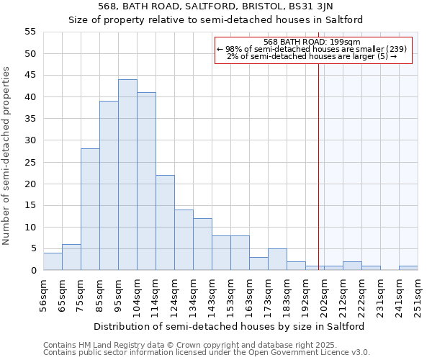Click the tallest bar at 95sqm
coord(127,175)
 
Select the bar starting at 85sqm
coord(109,186)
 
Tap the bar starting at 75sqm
coord(90,210)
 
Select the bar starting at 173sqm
coord(277,259)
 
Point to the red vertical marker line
coord(318,158)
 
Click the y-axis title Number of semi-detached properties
coord(6,156)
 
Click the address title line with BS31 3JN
coord(216,7)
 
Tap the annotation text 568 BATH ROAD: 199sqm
coord(312,42)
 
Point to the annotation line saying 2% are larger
coord(312,56)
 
